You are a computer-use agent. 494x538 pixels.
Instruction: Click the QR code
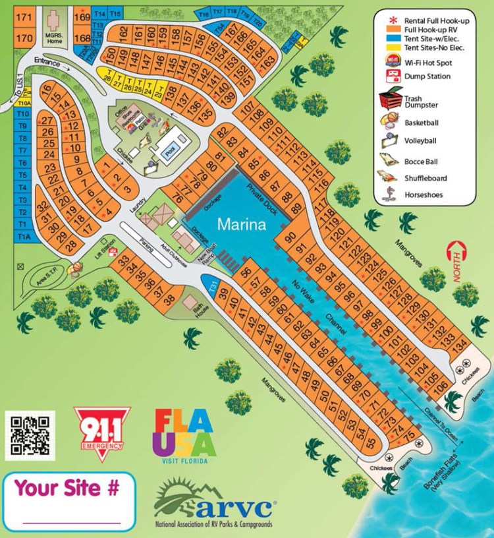click(28, 435)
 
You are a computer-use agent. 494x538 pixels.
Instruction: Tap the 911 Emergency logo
click(99, 431)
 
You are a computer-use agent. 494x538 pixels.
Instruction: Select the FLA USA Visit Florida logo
click(184, 436)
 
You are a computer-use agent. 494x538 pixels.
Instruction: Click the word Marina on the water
click(243, 224)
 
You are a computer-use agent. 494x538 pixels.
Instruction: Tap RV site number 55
click(370, 442)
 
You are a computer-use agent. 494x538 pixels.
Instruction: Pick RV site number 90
click(291, 238)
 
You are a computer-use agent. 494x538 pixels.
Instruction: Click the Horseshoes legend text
click(424, 194)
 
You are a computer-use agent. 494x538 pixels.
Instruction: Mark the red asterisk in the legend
click(389, 19)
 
